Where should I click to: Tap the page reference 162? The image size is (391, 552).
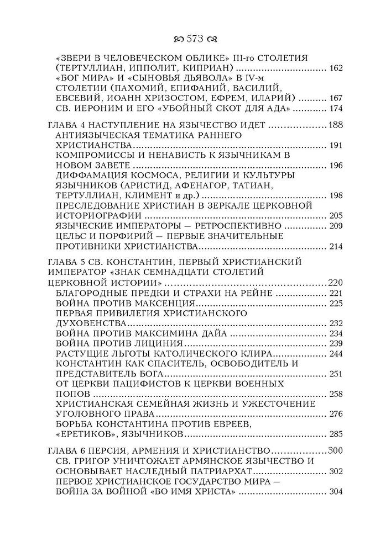335,68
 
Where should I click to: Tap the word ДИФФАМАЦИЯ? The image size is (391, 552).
90,175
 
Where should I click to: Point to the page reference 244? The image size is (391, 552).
335,353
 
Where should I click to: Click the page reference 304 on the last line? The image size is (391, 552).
335,492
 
